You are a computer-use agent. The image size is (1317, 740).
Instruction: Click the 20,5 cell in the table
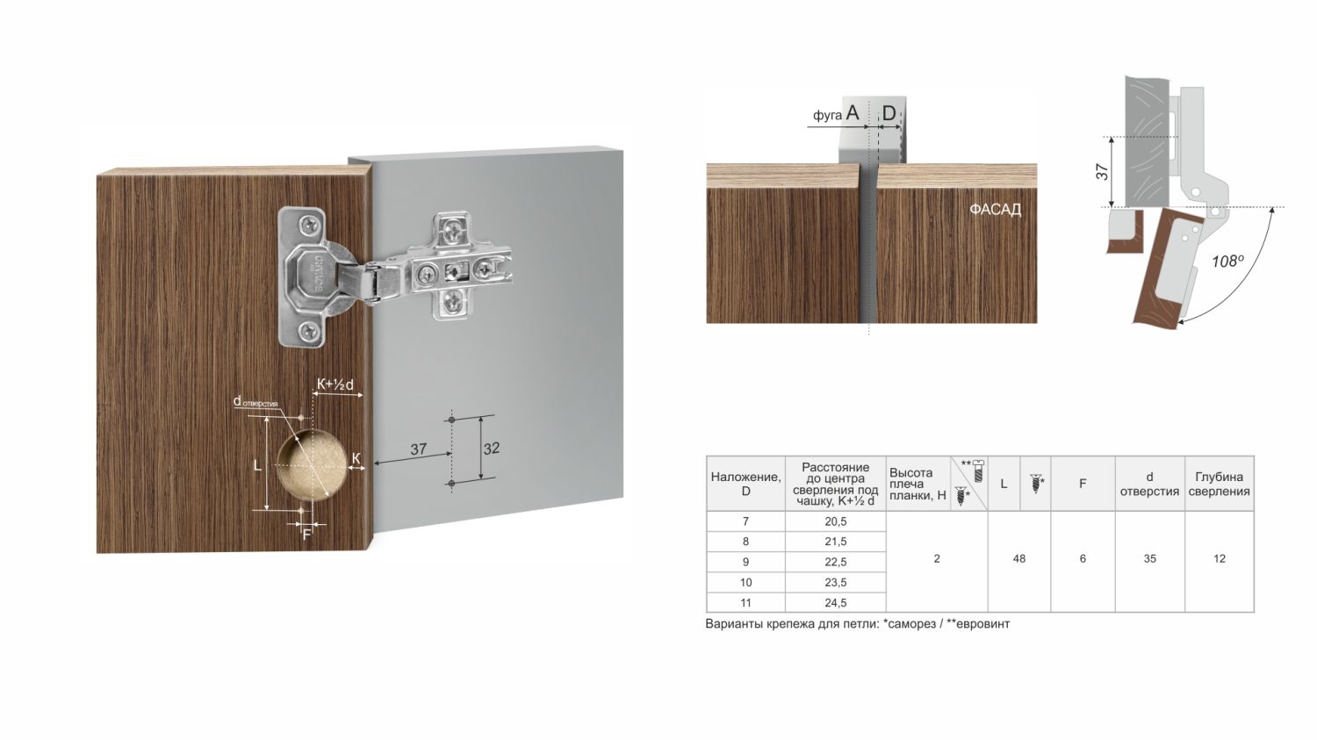(x=835, y=521)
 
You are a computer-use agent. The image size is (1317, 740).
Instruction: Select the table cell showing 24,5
(x=835, y=602)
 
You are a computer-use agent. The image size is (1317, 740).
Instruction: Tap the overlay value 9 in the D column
(x=745, y=562)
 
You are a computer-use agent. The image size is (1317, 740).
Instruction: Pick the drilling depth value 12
(x=1219, y=558)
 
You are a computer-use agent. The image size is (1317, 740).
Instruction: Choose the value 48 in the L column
(x=1018, y=558)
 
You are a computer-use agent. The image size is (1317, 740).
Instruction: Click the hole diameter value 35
(x=1149, y=558)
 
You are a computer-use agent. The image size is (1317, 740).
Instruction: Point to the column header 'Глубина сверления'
(x=1219, y=484)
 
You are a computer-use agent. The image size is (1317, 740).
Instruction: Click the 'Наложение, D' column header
(x=745, y=484)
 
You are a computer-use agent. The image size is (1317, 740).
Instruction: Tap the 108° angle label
(x=1227, y=261)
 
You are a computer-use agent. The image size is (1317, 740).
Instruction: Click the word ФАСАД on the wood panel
(x=995, y=210)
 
